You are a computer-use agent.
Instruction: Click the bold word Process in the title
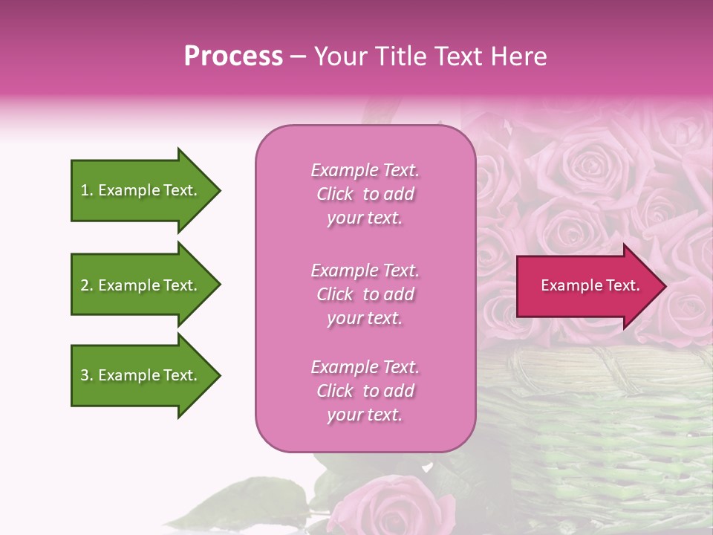coord(233,56)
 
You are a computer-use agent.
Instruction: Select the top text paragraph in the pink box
coord(365,194)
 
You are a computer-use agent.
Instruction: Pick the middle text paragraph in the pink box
coord(365,294)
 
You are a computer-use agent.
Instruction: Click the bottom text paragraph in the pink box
coord(365,391)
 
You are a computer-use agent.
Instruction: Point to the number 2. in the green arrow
coord(87,285)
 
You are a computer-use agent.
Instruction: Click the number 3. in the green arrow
coord(87,375)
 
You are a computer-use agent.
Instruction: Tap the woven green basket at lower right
coord(594,438)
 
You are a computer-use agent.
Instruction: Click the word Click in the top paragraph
coord(335,194)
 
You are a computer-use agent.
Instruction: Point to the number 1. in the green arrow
coord(87,190)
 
